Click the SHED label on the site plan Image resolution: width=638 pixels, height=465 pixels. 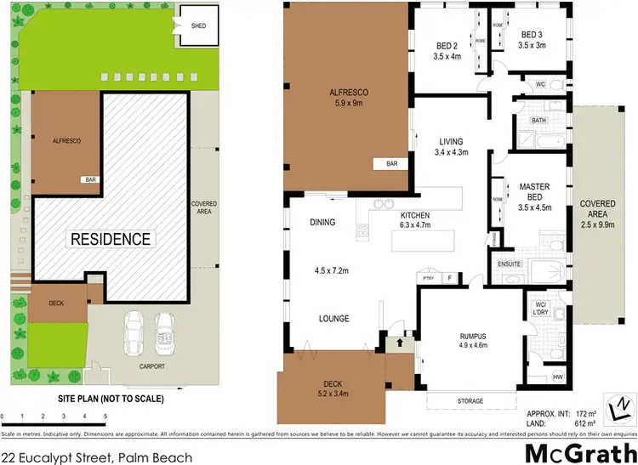(198, 26)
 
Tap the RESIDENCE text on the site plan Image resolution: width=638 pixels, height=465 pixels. (111, 239)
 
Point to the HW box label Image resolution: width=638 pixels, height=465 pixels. (558, 377)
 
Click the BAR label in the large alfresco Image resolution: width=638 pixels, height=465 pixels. (392, 163)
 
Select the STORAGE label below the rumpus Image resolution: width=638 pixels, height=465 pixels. (470, 400)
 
